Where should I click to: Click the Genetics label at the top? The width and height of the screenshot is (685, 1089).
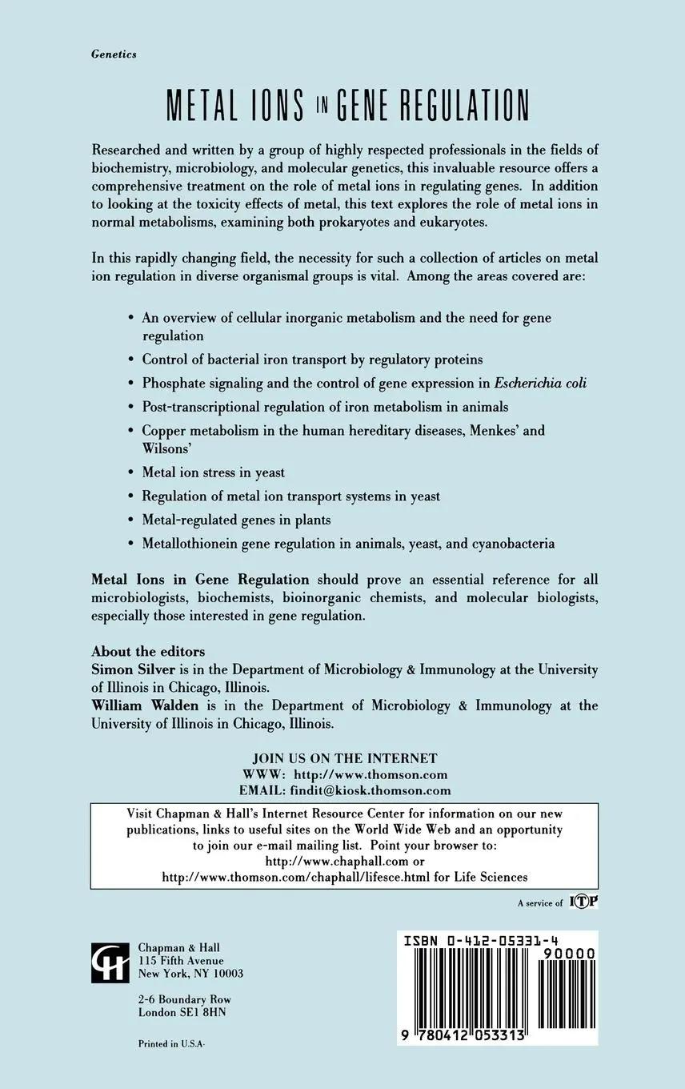point(114,54)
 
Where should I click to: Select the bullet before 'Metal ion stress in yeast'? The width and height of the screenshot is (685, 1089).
point(131,472)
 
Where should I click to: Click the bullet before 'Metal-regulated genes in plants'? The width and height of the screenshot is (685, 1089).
point(131,520)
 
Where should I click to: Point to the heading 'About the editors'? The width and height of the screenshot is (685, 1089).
point(148,651)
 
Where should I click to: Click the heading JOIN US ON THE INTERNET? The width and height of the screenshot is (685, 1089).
point(345,758)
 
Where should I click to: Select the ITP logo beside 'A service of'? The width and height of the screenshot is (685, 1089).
point(584,902)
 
